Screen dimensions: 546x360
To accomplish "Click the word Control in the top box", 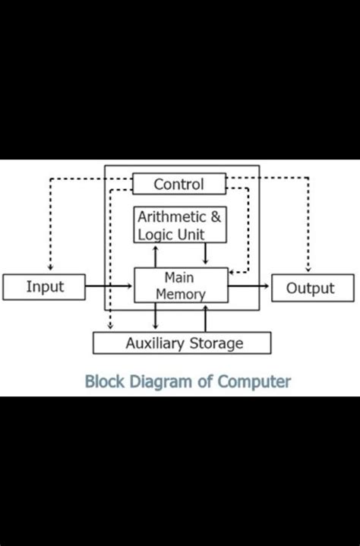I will click(179, 184).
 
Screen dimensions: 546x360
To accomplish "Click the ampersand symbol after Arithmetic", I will click(216, 217).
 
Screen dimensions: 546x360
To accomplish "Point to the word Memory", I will click(181, 294).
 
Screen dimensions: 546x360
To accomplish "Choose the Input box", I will click(45, 287).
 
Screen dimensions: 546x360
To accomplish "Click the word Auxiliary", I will click(155, 343).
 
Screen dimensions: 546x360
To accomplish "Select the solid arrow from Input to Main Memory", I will click(109, 287).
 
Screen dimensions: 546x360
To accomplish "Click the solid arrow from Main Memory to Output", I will click(249, 286).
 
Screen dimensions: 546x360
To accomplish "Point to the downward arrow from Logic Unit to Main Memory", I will click(205, 255).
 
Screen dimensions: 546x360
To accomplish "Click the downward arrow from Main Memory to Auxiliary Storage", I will click(156, 317).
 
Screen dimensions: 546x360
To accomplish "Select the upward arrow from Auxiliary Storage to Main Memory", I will click(205, 317).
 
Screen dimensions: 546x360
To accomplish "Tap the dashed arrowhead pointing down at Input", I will click(49, 267).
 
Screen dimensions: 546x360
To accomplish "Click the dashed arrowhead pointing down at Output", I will click(308, 267).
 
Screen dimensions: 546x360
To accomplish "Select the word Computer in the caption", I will click(254, 381).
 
